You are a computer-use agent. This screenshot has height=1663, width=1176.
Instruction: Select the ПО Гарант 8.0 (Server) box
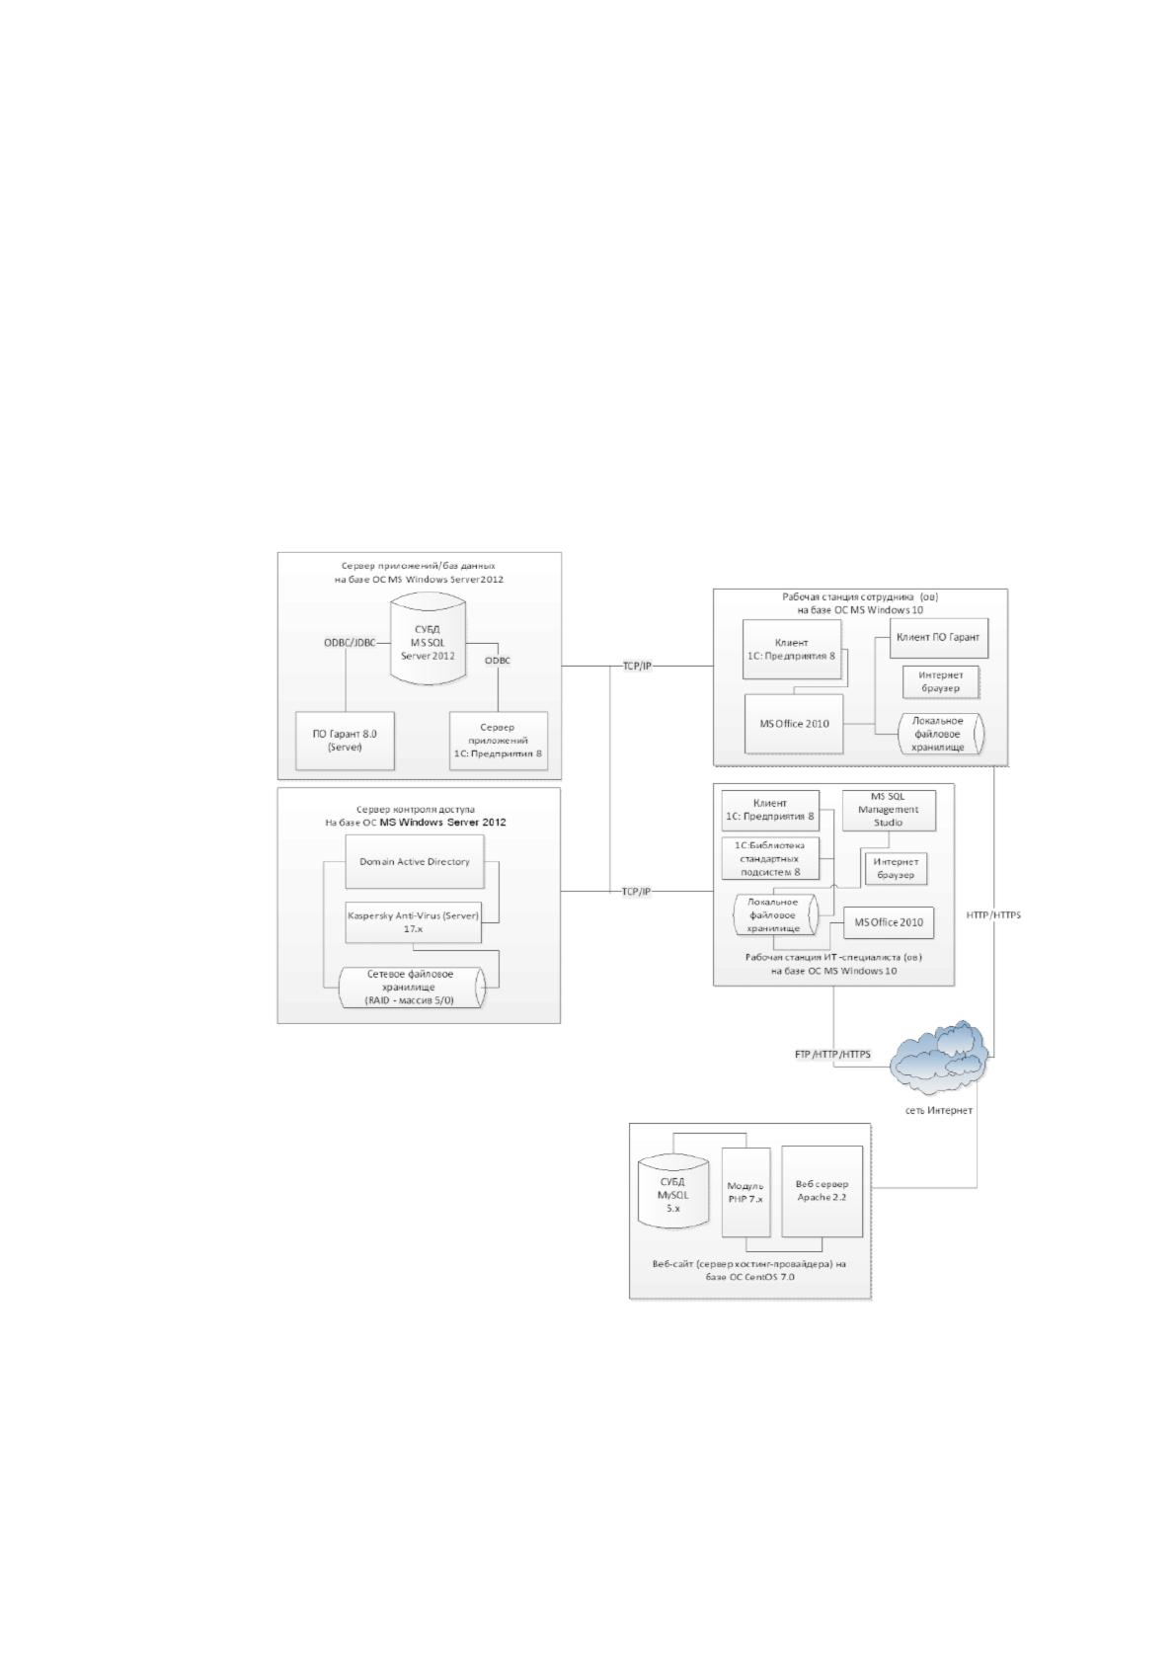(x=345, y=741)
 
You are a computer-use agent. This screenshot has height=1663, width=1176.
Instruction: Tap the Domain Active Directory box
(x=415, y=862)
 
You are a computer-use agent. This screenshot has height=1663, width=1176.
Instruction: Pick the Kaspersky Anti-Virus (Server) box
(x=414, y=922)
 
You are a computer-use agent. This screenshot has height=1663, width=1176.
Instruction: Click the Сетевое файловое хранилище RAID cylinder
(x=412, y=987)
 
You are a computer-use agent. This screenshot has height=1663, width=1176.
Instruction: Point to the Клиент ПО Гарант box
(x=938, y=638)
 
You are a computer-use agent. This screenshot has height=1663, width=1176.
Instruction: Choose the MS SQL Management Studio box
(x=889, y=810)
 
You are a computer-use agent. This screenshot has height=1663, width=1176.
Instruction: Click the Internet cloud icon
(x=939, y=1058)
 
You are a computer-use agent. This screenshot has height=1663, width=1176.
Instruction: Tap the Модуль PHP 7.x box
(x=746, y=1192)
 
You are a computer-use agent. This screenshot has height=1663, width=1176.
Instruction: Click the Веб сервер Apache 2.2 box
(x=822, y=1191)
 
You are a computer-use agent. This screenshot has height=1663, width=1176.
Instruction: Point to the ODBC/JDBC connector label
(x=349, y=643)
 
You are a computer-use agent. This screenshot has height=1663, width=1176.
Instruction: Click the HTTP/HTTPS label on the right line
(x=993, y=915)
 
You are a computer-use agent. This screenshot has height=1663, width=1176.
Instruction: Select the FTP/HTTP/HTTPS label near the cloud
(x=832, y=1055)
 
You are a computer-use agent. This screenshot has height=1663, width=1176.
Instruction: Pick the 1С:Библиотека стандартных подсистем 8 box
(x=770, y=858)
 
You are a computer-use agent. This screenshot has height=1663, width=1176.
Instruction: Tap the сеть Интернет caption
(x=938, y=1111)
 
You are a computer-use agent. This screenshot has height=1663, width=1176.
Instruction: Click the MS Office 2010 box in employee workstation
(x=794, y=724)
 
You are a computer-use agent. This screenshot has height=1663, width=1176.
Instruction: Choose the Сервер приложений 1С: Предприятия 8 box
(x=499, y=741)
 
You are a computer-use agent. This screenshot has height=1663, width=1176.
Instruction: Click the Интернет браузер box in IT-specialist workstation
(x=897, y=868)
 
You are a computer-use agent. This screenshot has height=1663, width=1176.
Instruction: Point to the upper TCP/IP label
(x=636, y=666)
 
